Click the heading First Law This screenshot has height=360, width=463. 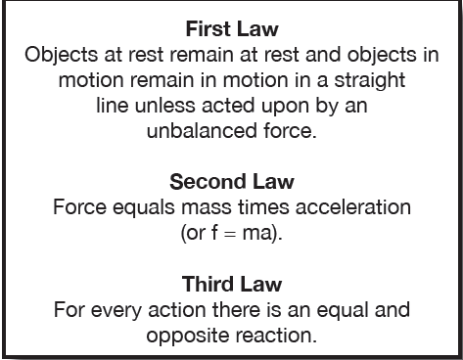(x=232, y=29)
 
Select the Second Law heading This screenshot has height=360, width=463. (x=232, y=182)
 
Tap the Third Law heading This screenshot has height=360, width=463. (x=232, y=284)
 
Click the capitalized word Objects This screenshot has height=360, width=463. (x=61, y=55)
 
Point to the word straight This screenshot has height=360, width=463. (x=370, y=80)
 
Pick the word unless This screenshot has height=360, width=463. (x=164, y=106)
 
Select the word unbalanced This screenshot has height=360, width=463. (x=202, y=131)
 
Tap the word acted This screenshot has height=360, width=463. (x=228, y=106)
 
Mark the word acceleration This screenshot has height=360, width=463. (x=353, y=207)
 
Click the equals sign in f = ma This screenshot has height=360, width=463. (x=230, y=234)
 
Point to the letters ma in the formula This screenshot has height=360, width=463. (x=257, y=234)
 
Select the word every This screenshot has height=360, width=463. (x=116, y=311)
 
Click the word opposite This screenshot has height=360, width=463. (x=188, y=337)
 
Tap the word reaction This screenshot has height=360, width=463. (x=276, y=336)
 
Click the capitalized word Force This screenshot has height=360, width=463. (x=79, y=207)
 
